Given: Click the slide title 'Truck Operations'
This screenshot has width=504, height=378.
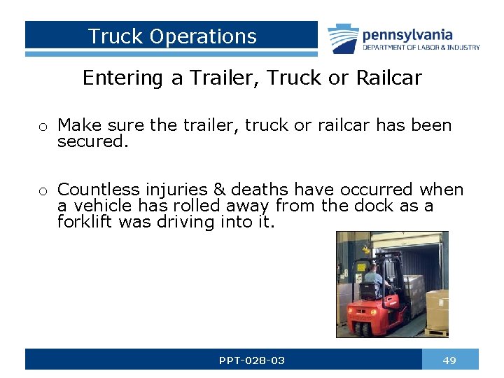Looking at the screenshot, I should (172, 36).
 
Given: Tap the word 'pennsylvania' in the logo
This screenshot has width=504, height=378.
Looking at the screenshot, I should (407, 34).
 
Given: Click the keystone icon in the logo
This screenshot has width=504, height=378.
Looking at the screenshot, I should (343, 38).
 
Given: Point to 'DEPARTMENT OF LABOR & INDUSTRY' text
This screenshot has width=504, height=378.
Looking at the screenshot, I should (421, 48).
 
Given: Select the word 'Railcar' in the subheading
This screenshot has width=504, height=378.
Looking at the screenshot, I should (388, 78).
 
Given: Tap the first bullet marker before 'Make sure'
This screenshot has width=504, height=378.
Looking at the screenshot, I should (43, 127).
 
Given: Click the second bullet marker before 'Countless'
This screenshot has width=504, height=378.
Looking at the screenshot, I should (43, 191).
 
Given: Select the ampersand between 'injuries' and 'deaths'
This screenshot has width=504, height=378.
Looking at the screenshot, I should (219, 190).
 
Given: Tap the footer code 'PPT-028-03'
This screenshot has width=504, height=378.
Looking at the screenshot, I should (251, 360).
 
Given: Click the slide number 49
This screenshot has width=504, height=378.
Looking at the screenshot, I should (450, 360).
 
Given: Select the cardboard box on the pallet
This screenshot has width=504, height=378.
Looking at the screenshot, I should (437, 308).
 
